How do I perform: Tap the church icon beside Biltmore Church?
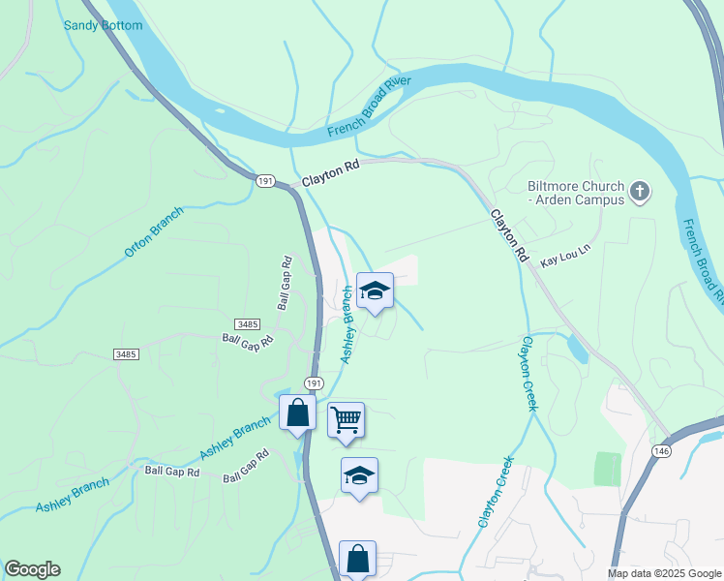[639, 192]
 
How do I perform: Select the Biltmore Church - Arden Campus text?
[576, 192]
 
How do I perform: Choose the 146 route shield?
[661, 451]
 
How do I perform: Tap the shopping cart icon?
[346, 419]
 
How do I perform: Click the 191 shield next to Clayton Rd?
[265, 181]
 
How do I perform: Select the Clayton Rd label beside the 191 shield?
[330, 173]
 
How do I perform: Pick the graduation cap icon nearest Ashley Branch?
[375, 290]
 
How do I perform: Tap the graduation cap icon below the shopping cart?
[359, 474]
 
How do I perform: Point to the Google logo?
[32, 569]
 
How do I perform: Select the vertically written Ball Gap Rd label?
[285, 283]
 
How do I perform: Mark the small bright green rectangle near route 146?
[607, 469]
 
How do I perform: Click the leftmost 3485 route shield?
[125, 354]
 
